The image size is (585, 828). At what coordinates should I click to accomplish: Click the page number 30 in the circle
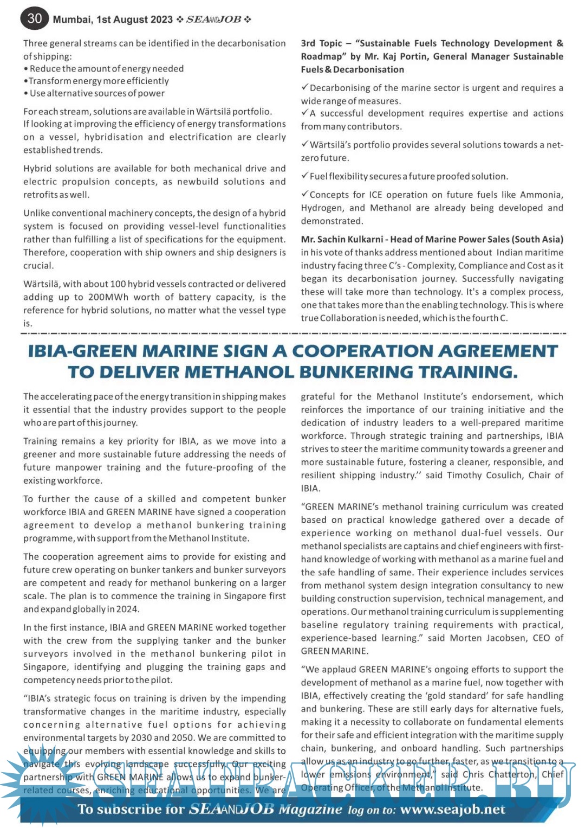(35, 18)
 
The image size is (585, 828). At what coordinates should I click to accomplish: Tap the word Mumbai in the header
(73, 20)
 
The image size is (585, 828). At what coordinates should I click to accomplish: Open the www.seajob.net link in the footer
(452, 810)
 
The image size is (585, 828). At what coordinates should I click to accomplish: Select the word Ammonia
(541, 195)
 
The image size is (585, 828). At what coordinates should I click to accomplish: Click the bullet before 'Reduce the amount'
(26, 69)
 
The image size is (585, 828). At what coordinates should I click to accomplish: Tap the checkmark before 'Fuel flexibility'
(305, 176)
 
